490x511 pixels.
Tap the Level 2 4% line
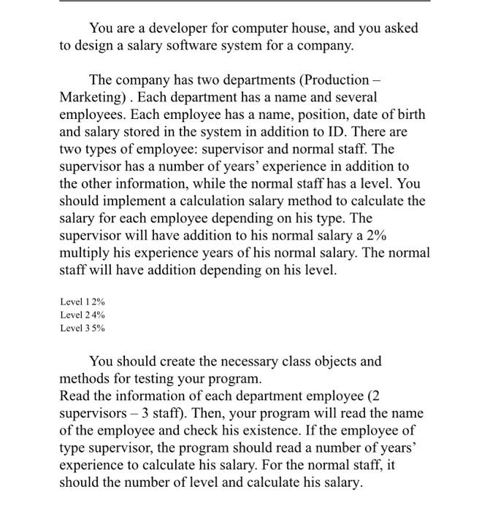point(83,315)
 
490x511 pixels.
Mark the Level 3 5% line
point(83,328)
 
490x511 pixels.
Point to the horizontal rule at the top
point(245,2)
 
